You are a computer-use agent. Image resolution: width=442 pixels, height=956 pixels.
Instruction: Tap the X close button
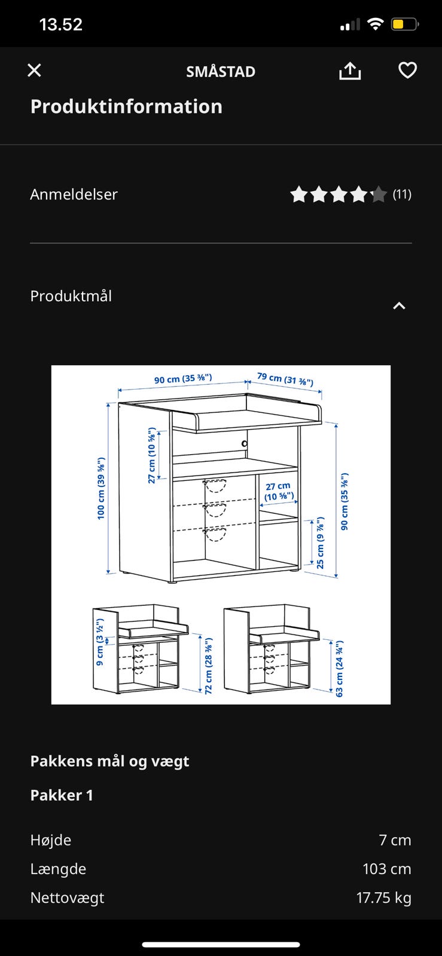click(x=34, y=71)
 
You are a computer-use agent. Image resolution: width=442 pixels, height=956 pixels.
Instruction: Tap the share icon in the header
click(x=350, y=71)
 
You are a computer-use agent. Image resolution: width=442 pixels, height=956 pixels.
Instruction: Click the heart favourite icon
click(x=407, y=71)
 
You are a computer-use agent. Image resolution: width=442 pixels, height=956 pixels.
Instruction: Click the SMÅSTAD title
click(x=221, y=72)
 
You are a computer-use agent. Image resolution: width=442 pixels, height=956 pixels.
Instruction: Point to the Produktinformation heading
click(x=126, y=107)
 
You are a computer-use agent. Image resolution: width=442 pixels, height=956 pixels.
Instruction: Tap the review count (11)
click(x=402, y=195)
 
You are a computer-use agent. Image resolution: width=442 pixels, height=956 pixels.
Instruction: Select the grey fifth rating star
click(x=378, y=195)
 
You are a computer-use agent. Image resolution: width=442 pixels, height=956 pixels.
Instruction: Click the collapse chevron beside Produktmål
click(x=399, y=305)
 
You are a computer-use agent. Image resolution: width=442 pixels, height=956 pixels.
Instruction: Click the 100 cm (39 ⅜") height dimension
click(x=101, y=488)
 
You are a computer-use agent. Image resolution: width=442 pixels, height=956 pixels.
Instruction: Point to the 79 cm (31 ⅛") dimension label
click(x=285, y=379)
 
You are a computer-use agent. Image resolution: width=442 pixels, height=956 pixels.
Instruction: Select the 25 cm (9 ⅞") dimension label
click(x=321, y=543)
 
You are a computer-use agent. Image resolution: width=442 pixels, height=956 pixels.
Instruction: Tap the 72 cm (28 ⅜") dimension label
click(x=208, y=666)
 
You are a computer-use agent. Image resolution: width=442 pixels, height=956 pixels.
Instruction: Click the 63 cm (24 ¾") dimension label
click(x=340, y=669)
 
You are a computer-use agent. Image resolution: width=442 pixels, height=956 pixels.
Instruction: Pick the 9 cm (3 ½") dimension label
click(x=99, y=642)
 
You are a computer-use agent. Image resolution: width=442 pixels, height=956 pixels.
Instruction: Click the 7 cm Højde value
click(x=395, y=840)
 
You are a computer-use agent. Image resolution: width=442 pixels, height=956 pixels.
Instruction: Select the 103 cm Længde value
click(x=387, y=869)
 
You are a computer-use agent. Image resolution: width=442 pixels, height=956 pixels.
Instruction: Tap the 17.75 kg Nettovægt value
click(x=384, y=897)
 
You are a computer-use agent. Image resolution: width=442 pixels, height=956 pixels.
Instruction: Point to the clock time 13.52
click(x=60, y=24)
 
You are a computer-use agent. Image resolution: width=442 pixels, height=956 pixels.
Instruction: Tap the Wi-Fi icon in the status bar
click(x=375, y=24)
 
